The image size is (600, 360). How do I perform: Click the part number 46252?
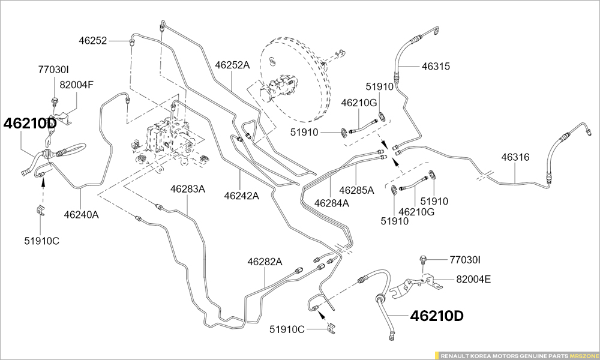(x=92, y=41)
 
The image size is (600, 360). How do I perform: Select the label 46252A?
(x=232, y=65)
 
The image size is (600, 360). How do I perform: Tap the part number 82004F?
(x=76, y=85)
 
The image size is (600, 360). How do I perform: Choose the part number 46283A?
(x=187, y=189)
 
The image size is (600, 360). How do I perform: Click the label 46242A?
(x=241, y=196)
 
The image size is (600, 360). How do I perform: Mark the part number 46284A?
(x=331, y=203)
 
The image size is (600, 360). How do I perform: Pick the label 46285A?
(x=356, y=190)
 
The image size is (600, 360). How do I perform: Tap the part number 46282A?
(x=265, y=262)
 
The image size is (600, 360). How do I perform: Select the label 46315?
(x=436, y=67)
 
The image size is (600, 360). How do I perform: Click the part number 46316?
(x=515, y=157)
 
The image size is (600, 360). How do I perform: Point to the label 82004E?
(x=473, y=279)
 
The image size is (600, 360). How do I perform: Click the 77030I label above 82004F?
(x=54, y=70)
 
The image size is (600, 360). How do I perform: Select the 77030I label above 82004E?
(x=465, y=260)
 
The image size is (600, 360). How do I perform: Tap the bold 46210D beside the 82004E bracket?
(x=437, y=316)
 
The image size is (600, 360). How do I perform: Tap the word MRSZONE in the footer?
(x=583, y=355)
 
